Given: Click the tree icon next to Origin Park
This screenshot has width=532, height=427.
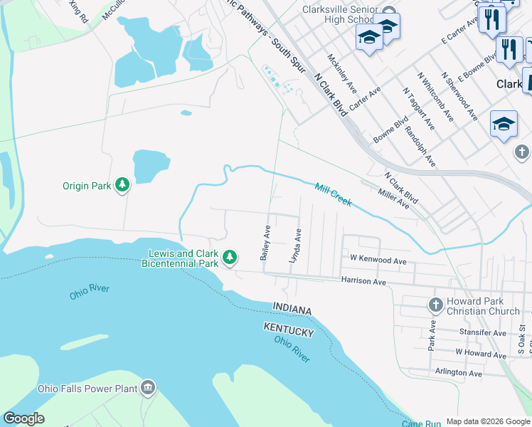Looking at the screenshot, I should point(123,185).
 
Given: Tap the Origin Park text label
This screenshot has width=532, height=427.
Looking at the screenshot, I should point(87,186).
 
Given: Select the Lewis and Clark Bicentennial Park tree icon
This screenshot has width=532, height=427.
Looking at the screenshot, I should point(230,258).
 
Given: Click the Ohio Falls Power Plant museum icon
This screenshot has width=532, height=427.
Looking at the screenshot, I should point(148,388).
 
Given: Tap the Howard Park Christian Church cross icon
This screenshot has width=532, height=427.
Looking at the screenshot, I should point(435,306).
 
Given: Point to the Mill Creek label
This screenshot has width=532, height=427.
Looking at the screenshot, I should point(334,194).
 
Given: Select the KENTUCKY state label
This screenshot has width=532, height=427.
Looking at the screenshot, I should point(288,332).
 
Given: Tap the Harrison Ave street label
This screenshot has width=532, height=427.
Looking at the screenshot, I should point(363,283).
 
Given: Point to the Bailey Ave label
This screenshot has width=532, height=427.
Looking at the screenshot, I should point(265,243).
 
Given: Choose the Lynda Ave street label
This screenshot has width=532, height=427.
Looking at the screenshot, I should point(294,246).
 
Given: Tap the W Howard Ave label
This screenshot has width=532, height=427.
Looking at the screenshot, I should point(480,353).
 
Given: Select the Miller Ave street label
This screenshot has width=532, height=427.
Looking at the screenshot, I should point(393,199).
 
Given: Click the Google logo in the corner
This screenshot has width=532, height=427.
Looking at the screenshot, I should point(23,418).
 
